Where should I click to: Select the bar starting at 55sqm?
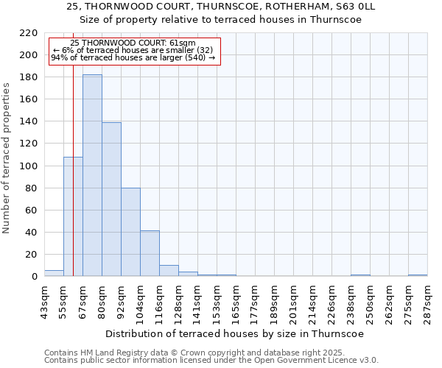pyautogui.click(x=73, y=216)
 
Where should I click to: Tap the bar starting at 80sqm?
pyautogui.click(x=111, y=199)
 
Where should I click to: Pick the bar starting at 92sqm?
pyautogui.click(x=130, y=232)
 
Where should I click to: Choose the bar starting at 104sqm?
pyautogui.click(x=150, y=253)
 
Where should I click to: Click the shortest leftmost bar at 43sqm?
pyautogui.click(x=54, y=273)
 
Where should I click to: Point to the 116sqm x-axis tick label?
pyautogui.click(x=159, y=300)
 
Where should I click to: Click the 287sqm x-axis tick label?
pyautogui.click(x=427, y=300)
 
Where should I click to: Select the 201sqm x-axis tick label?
pyautogui.click(x=293, y=300)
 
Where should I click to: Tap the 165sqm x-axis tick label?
pyautogui.click(x=236, y=300)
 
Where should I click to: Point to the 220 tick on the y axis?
pyautogui.click(x=29, y=33)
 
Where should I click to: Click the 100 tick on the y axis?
pyautogui.click(x=29, y=166)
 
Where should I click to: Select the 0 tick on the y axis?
pyautogui.click(x=34, y=277)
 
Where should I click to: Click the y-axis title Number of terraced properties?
pyautogui.click(x=8, y=158)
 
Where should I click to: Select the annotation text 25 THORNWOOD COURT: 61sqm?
pyautogui.click(x=133, y=43)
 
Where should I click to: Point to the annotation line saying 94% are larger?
pyautogui.click(x=133, y=57)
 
